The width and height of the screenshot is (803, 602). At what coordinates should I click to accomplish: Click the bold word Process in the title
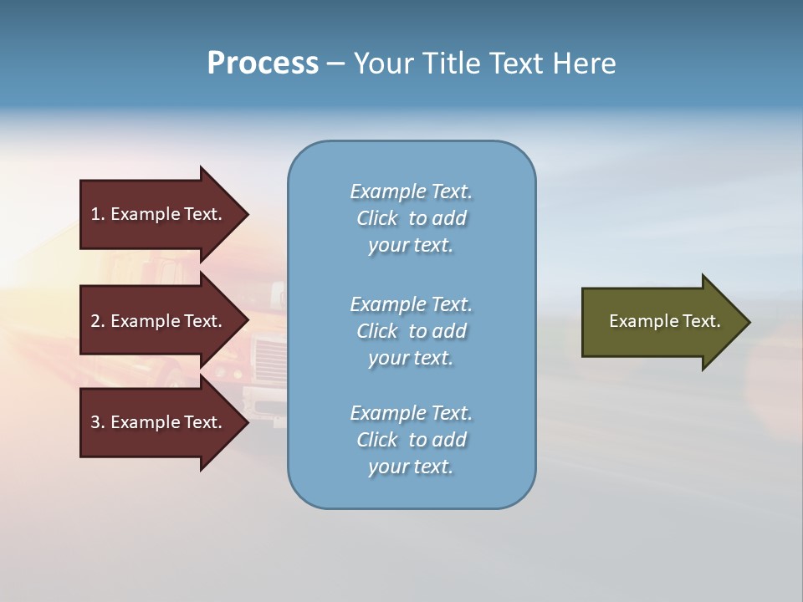263,64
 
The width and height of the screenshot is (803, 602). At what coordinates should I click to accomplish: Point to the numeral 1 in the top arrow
95,214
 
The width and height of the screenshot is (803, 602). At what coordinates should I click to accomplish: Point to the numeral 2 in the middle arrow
95,321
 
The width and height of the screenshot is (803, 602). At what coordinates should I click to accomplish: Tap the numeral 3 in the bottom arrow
95,422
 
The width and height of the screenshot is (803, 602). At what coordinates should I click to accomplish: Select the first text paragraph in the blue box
411,218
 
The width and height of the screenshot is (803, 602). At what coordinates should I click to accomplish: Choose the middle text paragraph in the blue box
411,331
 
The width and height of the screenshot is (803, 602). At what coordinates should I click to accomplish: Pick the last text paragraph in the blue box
411,440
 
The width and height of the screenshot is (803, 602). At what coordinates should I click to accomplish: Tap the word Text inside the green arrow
701,321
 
